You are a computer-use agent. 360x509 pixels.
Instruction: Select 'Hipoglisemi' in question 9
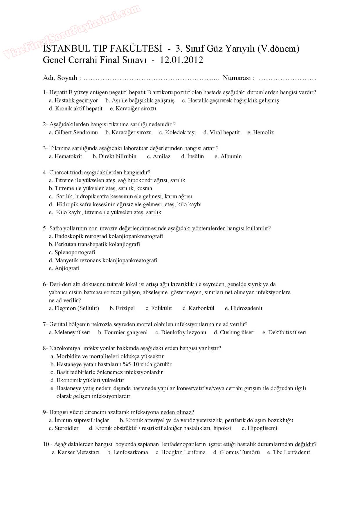click(x=262, y=428)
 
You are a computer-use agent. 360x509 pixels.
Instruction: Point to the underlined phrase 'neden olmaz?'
click(x=177, y=412)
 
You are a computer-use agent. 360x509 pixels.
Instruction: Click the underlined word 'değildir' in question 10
click(x=304, y=444)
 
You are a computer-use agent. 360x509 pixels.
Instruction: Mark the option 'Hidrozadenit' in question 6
click(x=246, y=308)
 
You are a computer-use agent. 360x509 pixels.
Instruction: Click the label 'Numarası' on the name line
click(x=238, y=78)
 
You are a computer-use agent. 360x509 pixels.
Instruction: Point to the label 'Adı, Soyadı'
click(x=60, y=78)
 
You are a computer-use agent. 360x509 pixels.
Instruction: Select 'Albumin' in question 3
click(x=231, y=156)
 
